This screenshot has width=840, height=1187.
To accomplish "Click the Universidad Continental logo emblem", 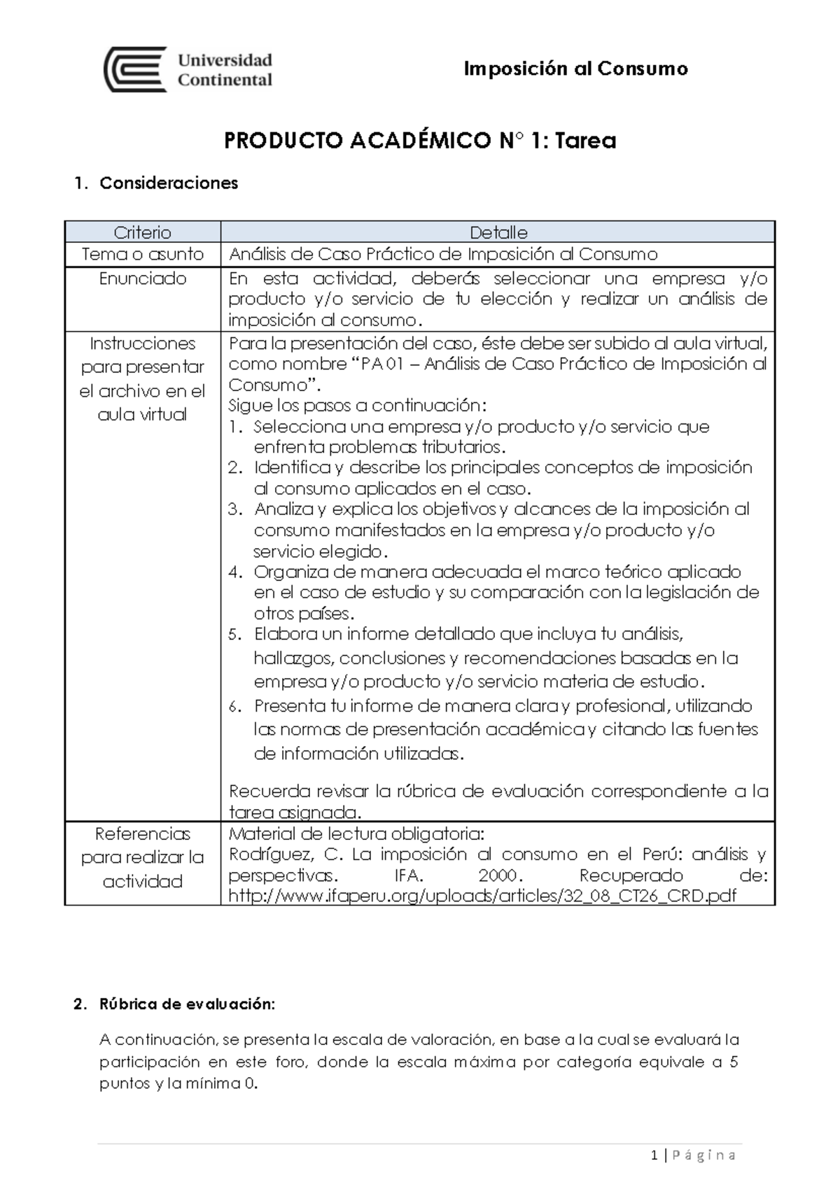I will point(135,69).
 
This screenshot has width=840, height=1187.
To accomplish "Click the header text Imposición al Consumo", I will point(576,69).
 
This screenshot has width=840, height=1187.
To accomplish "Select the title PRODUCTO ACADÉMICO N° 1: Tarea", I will point(419,141).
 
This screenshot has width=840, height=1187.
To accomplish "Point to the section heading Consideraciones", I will point(169,183).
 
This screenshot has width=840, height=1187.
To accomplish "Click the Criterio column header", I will point(143,232).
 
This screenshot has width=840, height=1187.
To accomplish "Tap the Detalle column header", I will point(498,232).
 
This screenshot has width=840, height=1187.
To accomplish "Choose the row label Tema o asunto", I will point(143,254).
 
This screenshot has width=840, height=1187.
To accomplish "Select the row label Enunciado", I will point(143,279).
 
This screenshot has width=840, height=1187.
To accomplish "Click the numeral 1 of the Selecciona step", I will point(236,427).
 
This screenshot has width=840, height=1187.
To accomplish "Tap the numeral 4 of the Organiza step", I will point(235,572).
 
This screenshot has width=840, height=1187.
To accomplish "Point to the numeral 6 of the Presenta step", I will point(235,706).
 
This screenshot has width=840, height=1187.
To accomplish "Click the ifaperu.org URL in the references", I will point(482,896).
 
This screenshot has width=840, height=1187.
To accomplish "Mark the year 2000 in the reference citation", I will point(498,876).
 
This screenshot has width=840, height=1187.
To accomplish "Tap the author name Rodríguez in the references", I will point(268,855).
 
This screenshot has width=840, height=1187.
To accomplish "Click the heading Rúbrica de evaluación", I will point(187,1004).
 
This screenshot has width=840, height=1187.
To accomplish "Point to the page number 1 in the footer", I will point(653,1155).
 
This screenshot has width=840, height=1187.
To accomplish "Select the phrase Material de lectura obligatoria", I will point(356,834).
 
